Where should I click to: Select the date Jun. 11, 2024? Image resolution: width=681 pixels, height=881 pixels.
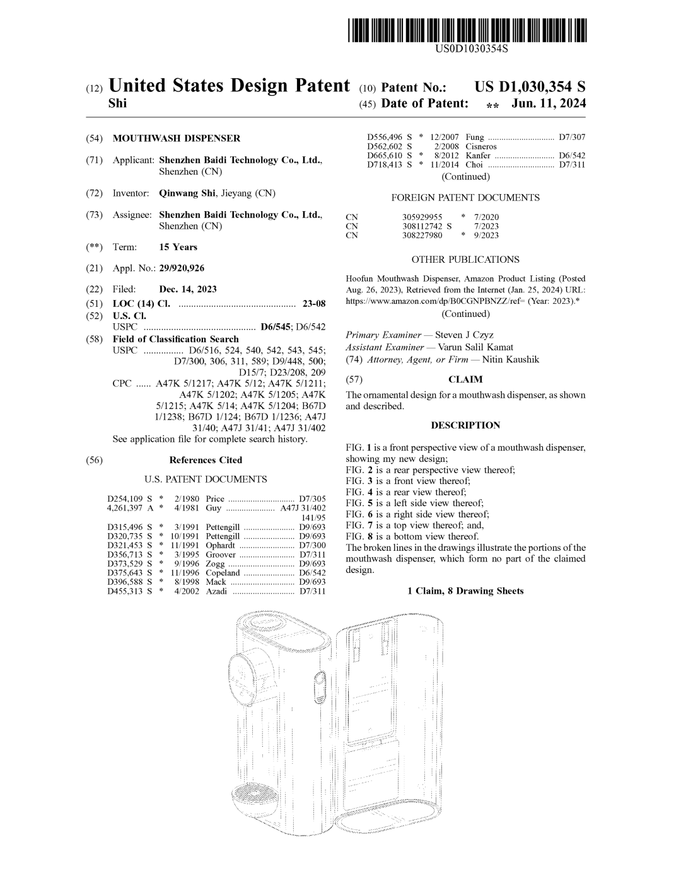(x=549, y=103)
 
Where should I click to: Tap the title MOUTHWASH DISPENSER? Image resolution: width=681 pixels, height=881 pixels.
(x=176, y=139)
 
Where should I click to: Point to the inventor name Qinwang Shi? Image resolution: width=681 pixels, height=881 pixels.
(x=187, y=193)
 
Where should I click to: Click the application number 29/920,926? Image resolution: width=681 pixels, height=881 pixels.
(x=182, y=268)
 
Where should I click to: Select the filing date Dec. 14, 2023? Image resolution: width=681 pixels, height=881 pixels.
(x=188, y=289)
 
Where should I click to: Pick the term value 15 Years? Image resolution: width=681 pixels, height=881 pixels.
(x=178, y=247)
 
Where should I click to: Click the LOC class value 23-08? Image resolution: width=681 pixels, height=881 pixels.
(x=314, y=304)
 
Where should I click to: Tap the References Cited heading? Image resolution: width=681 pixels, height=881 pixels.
(x=206, y=460)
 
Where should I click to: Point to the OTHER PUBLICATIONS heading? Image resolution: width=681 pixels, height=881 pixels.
(x=465, y=260)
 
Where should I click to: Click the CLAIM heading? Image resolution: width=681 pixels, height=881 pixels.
(x=465, y=379)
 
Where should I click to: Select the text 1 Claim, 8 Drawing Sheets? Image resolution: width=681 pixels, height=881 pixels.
(x=465, y=591)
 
